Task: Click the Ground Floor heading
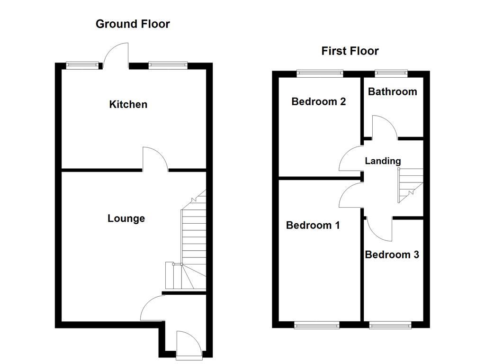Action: (133, 24)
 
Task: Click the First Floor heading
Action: (350, 51)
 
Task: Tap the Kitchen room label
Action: (128, 104)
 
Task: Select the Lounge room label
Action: (126, 218)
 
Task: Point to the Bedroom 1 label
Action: (313, 225)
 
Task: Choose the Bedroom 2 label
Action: (318, 101)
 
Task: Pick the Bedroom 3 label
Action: (392, 255)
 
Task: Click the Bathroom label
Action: (393, 91)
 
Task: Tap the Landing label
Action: (383, 161)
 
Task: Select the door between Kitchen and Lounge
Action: (155, 159)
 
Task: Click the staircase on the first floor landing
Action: (410, 186)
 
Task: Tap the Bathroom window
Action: (391, 73)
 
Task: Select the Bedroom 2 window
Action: (320, 73)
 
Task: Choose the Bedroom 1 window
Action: (317, 325)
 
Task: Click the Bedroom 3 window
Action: (391, 325)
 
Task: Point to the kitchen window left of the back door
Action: (83, 65)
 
